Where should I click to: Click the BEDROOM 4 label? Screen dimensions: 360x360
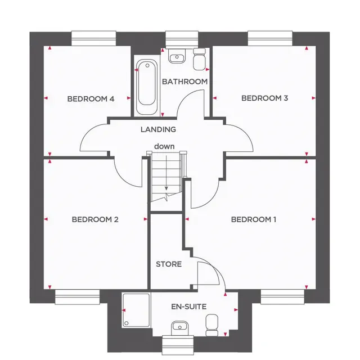[91, 99]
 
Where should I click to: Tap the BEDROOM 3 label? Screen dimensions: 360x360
[264, 98]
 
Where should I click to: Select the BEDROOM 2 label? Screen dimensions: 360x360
[95, 219]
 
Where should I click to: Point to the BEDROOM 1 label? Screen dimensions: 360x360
[254, 219]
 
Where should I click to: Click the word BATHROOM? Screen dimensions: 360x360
[185, 82]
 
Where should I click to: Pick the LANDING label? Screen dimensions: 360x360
[158, 129]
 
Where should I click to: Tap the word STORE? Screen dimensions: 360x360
[169, 264]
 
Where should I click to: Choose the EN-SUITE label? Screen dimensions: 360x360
[189, 307]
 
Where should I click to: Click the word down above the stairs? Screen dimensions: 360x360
[164, 146]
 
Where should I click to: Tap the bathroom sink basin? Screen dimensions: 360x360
[177, 55]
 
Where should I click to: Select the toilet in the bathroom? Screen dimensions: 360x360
[199, 58]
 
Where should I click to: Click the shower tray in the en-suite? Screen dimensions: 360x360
[136, 310]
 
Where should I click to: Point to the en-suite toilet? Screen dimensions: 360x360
[211, 325]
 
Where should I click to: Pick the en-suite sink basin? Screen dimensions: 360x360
[180, 328]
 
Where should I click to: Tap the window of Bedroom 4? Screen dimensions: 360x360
[94, 38]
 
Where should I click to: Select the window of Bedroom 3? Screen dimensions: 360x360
[270, 38]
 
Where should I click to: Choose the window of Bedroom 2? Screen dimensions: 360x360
[78, 297]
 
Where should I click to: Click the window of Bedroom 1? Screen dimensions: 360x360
[282, 297]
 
